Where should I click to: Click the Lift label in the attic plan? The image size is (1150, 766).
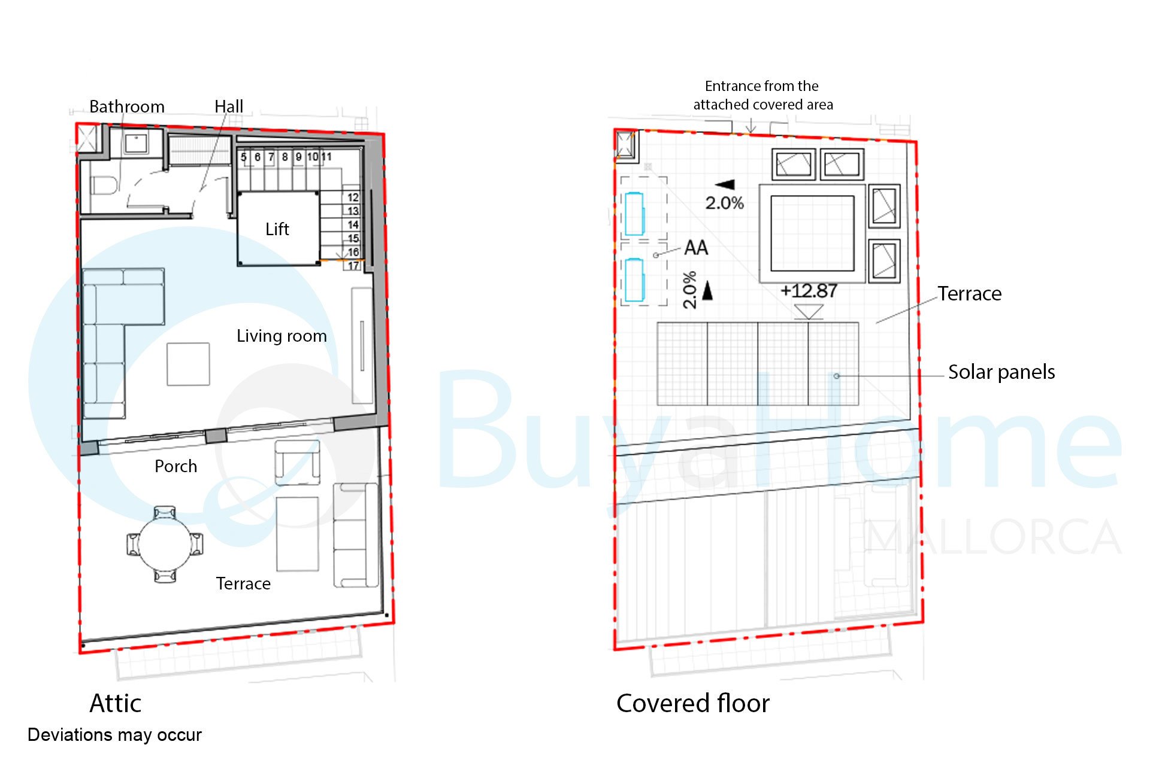tap(277, 229)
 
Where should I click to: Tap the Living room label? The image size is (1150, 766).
tap(282, 336)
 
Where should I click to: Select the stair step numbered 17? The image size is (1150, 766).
tap(353, 266)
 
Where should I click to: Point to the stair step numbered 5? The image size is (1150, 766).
tap(244, 157)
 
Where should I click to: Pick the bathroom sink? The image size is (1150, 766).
tap(137, 144)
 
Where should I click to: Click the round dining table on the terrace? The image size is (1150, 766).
tap(165, 545)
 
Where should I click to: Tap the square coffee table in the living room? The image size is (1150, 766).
tap(188, 364)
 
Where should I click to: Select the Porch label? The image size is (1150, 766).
tap(176, 466)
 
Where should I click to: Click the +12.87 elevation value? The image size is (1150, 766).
tap(809, 291)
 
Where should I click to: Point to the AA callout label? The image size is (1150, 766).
tap(696, 248)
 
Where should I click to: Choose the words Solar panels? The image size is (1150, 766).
tap(1001, 372)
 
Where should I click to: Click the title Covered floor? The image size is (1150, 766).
tap(693, 703)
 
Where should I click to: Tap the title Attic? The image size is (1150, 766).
tap(116, 703)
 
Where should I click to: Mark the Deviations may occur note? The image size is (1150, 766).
tap(114, 735)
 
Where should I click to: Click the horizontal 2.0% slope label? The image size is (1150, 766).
tap(724, 203)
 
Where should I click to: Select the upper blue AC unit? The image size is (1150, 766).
tap(634, 214)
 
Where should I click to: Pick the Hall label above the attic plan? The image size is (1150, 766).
tap(229, 107)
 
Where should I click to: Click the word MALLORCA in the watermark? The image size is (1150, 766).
tap(993, 537)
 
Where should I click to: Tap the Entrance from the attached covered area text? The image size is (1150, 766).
tap(762, 96)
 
